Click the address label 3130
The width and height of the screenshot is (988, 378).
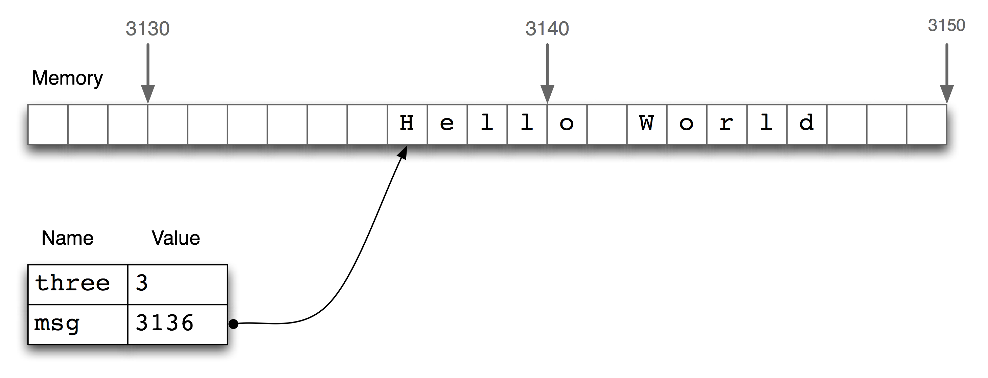tap(148, 29)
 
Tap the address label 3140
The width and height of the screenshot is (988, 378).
tap(547, 29)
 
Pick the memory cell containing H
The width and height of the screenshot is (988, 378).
tap(407, 124)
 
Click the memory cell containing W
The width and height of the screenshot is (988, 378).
tap(647, 124)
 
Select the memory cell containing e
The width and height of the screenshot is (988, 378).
tap(447, 124)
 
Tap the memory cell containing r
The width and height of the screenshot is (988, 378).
tap(727, 124)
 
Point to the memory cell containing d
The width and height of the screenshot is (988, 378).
tap(807, 124)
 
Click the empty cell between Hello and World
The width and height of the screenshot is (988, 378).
tap(607, 124)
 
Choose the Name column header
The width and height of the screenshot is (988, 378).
tap(68, 238)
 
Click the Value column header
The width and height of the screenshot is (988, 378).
tap(176, 238)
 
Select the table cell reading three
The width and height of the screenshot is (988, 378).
tap(77, 284)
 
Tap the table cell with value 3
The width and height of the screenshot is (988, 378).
tap(177, 284)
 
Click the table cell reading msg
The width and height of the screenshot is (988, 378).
tap(77, 324)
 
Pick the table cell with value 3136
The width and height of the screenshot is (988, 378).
tap(177, 324)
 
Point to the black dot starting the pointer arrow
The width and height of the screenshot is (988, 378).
tap(233, 324)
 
